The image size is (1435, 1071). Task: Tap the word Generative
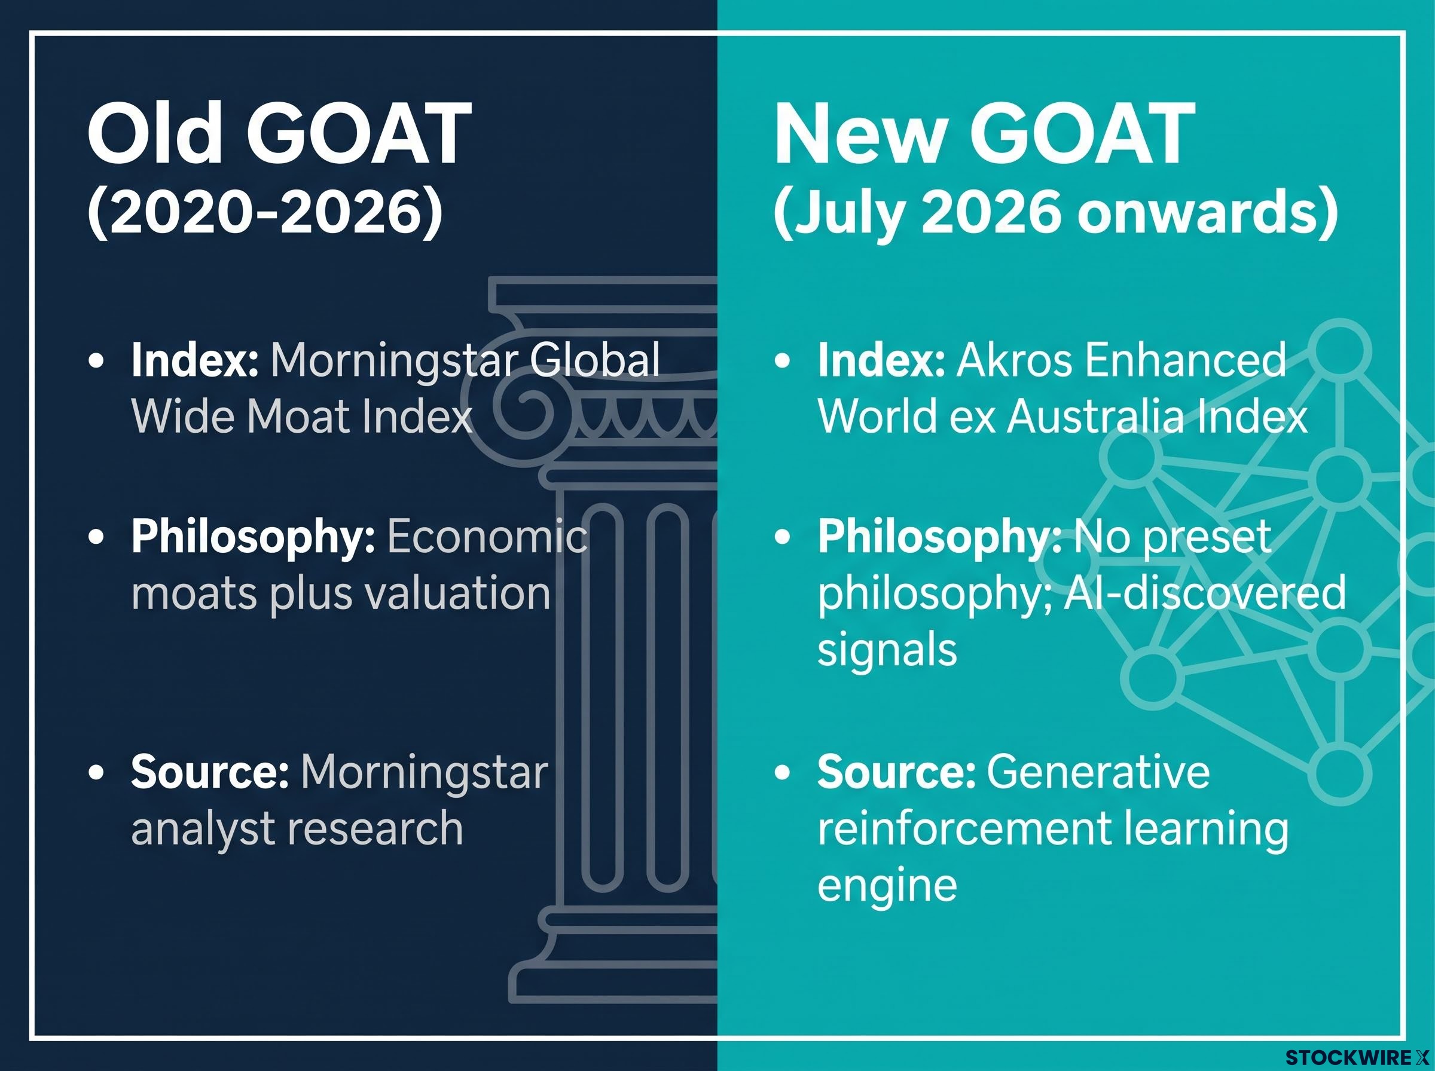pyautogui.click(x=1098, y=772)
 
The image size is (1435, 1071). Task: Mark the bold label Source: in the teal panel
pyautogui.click(x=896, y=772)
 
